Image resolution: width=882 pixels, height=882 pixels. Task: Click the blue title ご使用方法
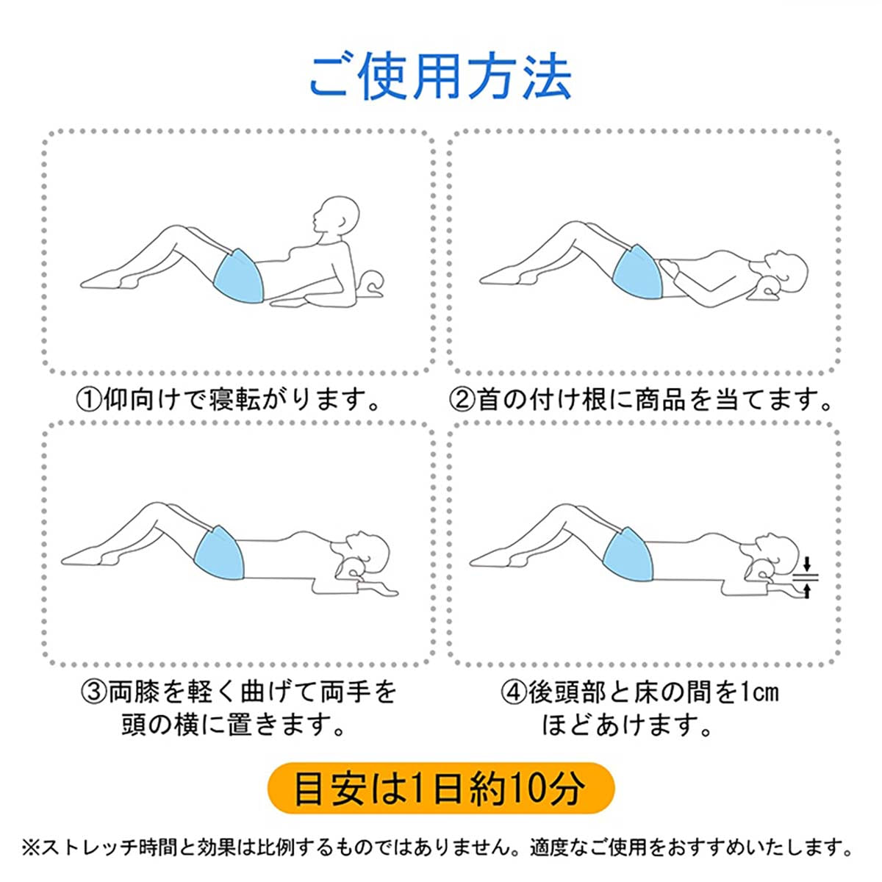[440, 76]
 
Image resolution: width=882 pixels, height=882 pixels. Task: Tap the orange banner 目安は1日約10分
[440, 789]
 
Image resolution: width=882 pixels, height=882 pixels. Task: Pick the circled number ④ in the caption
[514, 692]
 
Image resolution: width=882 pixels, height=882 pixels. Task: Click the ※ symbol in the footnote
[32, 848]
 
